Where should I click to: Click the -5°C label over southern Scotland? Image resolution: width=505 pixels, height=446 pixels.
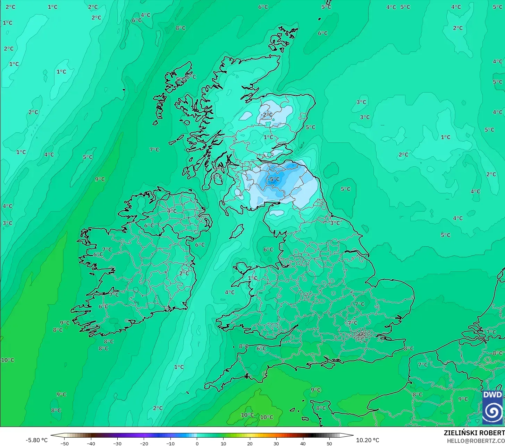coord(273,180)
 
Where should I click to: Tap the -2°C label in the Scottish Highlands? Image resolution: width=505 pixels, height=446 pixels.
coord(267,115)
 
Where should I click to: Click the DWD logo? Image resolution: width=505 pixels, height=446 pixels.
coord(492,407)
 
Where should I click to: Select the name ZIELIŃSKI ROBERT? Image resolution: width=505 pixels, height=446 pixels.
coord(474,433)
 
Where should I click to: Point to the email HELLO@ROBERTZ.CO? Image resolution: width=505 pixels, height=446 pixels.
coord(475,441)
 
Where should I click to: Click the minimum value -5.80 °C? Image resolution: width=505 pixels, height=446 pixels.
coord(36,440)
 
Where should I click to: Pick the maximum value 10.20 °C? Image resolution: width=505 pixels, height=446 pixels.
coord(368,440)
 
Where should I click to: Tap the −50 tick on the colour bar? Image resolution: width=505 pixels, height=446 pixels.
coord(64,444)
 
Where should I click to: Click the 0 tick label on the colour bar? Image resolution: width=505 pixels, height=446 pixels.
coord(197,444)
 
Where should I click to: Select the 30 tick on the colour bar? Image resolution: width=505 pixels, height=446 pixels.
coord(276,444)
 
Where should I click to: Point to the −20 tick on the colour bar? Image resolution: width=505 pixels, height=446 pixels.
coord(144,444)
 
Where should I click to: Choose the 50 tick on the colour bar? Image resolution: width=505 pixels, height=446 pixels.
coord(329,444)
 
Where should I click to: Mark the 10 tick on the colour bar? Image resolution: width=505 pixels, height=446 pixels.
coord(223,444)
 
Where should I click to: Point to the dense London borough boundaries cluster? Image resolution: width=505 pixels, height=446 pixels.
coord(362,335)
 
